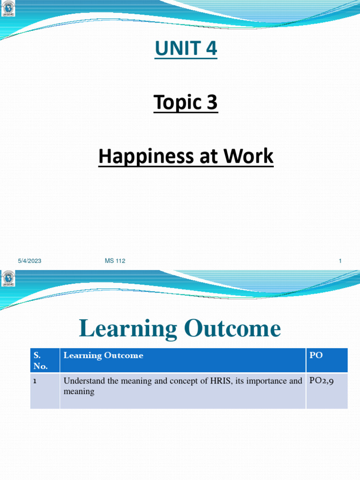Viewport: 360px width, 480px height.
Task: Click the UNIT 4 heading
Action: [x=186, y=49]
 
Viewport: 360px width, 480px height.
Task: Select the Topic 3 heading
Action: [x=186, y=103]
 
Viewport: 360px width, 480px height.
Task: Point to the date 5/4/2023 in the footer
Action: [x=30, y=261]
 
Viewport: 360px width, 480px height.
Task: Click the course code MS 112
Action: [x=115, y=261]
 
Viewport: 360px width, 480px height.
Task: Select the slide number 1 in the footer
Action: [x=340, y=261]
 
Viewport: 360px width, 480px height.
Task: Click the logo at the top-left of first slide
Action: [x=8, y=9]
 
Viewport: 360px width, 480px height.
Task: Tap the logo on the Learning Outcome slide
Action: [x=8, y=278]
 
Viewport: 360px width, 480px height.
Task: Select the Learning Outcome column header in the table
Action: [x=103, y=355]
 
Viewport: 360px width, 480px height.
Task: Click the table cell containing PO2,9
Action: [x=321, y=381]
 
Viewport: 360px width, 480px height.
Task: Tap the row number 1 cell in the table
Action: [x=35, y=381]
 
